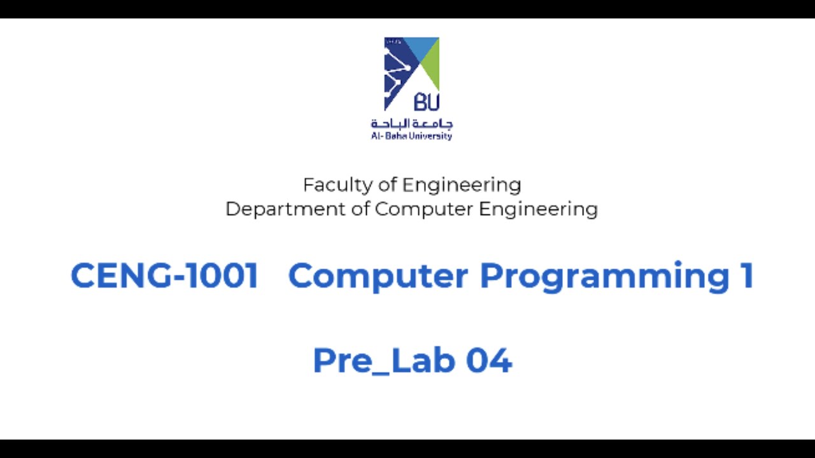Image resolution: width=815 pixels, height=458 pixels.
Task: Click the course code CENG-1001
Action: [x=164, y=276]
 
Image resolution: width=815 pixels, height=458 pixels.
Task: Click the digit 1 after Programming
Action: [x=747, y=276]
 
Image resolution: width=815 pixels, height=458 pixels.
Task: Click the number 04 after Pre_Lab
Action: [x=489, y=360]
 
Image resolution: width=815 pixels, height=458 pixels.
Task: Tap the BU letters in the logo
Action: [x=426, y=101]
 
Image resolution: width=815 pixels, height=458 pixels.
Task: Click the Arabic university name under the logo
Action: [x=412, y=123]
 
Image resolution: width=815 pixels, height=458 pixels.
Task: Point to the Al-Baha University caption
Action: [x=411, y=136]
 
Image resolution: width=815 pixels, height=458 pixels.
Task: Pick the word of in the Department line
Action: [x=360, y=209]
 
